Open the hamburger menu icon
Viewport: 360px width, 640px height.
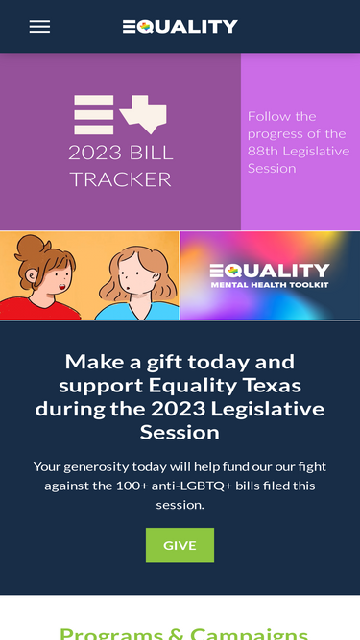pos(39,27)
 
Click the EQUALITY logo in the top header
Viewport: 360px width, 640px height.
pos(180,27)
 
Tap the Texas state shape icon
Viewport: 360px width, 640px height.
pos(144,113)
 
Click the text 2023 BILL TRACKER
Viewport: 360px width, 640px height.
pos(120,166)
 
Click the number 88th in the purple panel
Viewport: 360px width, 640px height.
pos(264,151)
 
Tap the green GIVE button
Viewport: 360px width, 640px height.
pos(180,545)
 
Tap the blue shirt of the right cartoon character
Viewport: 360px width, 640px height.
pos(134,312)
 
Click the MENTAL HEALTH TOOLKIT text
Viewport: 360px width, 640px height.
pos(269,284)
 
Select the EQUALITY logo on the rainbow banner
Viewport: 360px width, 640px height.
pos(269,270)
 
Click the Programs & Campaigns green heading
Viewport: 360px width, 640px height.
pos(183,633)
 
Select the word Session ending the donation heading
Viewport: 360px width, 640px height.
pos(180,432)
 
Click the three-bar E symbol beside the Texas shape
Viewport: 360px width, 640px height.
pos(93,114)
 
